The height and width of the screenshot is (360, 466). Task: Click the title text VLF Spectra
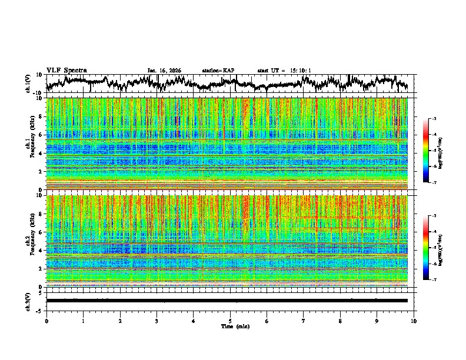click(66, 70)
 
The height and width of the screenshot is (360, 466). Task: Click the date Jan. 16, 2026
click(164, 71)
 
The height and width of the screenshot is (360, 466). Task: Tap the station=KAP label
click(218, 71)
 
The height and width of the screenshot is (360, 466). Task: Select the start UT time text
click(284, 71)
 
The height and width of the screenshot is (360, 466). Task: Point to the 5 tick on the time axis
click(230, 321)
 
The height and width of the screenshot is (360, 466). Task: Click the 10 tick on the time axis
click(414, 321)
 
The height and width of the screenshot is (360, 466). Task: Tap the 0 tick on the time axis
click(46, 321)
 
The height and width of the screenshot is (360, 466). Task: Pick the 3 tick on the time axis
click(157, 321)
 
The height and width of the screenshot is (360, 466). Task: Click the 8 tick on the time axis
click(340, 321)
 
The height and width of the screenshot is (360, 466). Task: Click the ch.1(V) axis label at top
click(28, 84)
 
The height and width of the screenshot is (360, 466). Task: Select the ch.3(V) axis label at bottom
click(28, 300)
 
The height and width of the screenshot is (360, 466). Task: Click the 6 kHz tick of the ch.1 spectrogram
click(41, 135)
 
